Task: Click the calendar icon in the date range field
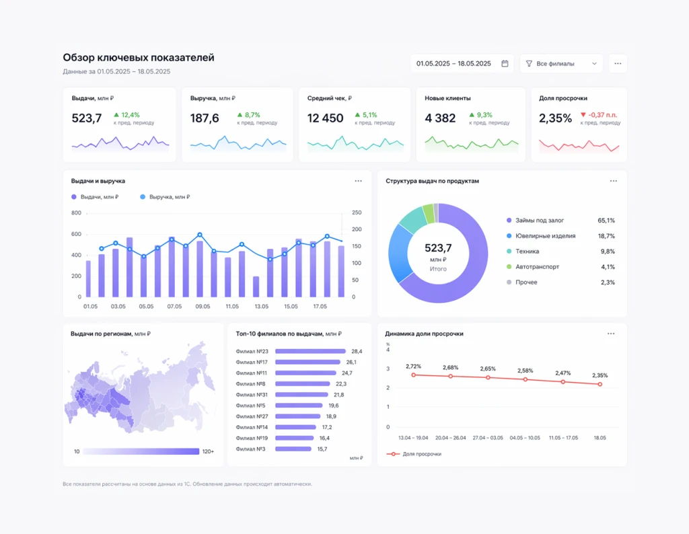505,64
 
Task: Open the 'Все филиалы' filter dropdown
561,64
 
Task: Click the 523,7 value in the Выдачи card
87,118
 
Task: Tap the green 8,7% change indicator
249,114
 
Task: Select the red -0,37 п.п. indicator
599,114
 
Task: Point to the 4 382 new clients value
440,118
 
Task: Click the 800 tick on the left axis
76,213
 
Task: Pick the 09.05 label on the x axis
203,307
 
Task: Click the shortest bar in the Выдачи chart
256,287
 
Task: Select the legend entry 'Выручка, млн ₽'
165,197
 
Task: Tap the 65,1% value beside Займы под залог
606,221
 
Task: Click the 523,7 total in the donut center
438,248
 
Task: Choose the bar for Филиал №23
311,351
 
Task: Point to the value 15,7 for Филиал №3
322,449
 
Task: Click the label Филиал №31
252,395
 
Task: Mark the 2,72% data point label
414,367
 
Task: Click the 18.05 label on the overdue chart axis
600,438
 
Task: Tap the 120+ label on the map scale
209,451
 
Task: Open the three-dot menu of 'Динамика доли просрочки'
611,334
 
